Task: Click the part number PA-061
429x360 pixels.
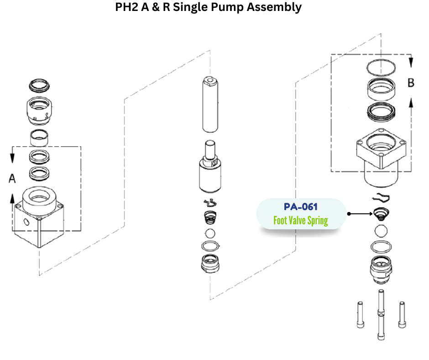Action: pyautogui.click(x=300, y=207)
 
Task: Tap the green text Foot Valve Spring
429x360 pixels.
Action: pyautogui.click(x=300, y=221)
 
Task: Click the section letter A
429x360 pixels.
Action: pyautogui.click(x=12, y=179)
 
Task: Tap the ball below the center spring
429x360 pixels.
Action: pyautogui.click(x=210, y=233)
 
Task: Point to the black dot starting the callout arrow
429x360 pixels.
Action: pyautogui.click(x=349, y=213)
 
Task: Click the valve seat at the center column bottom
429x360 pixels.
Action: pyautogui.click(x=210, y=264)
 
